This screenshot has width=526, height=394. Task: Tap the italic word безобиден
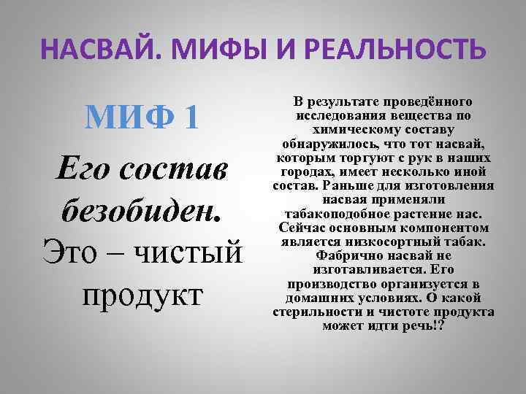(140, 211)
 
